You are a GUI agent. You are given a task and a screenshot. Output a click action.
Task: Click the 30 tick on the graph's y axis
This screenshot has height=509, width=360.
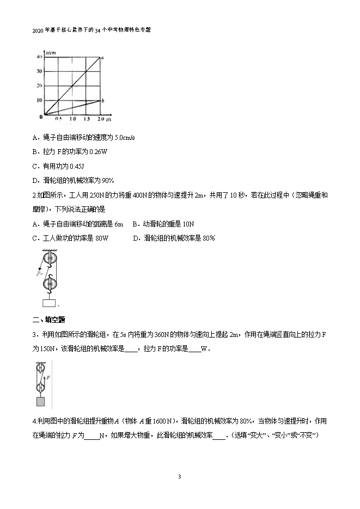tap(39, 71)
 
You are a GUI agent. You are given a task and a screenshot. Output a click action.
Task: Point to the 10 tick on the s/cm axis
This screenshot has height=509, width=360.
tap(39, 100)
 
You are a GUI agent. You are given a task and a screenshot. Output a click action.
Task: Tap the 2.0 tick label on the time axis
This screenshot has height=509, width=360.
tap(101, 119)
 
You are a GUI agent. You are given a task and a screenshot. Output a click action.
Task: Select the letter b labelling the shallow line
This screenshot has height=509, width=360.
tap(103, 100)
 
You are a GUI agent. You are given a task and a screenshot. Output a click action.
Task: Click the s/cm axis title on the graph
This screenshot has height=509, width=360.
tap(52, 53)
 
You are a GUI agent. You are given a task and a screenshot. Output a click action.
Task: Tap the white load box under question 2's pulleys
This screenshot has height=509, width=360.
tap(50, 303)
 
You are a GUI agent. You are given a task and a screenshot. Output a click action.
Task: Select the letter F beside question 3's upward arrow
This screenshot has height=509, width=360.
tap(48, 376)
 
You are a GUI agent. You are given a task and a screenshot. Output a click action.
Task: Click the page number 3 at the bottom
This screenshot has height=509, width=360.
tap(179, 477)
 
